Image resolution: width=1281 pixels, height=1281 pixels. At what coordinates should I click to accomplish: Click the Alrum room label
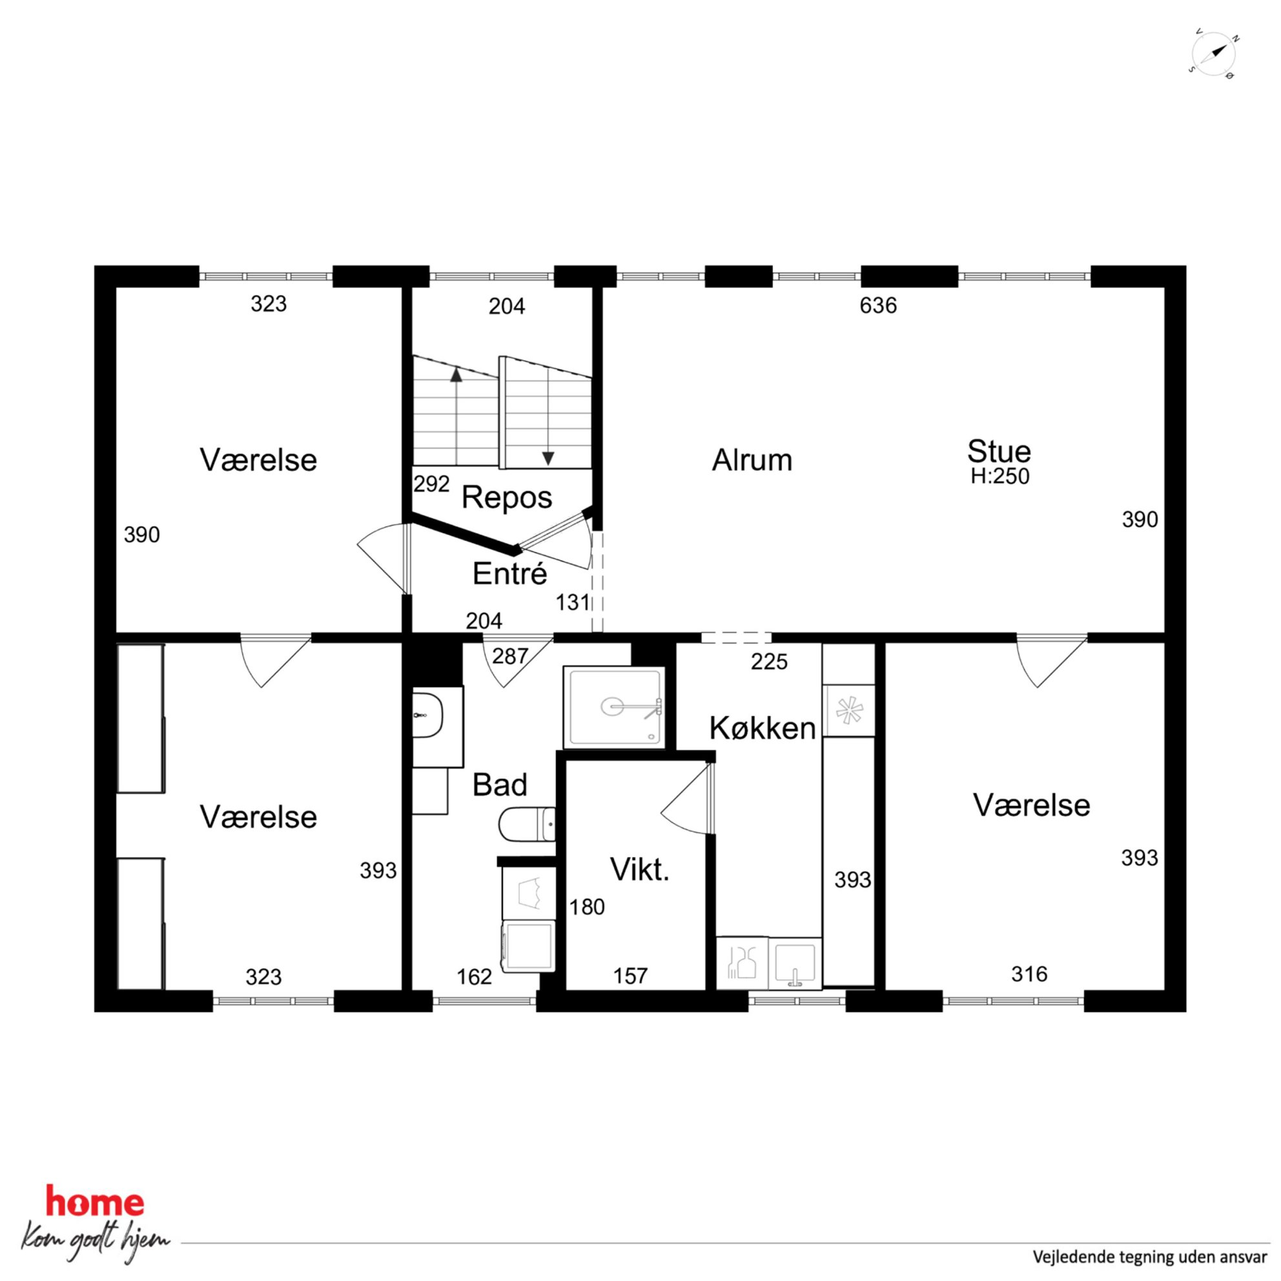pos(752,460)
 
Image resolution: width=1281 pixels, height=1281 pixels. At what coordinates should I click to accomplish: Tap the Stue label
pos(999,451)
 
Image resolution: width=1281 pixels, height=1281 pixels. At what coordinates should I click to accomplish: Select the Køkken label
pos(762,728)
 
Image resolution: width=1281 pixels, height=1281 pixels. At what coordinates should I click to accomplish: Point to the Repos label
pos(507,497)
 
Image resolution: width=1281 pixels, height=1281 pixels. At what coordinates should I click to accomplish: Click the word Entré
pos(509,573)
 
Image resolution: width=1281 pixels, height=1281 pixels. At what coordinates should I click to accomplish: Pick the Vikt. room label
pos(639,869)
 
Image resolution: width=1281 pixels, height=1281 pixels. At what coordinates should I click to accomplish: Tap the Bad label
pos(500,785)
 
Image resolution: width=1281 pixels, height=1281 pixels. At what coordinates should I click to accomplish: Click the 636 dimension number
pos(878,305)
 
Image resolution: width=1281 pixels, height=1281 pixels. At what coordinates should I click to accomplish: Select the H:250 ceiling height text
pos(1000,476)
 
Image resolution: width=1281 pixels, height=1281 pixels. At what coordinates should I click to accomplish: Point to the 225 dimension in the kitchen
pos(769,662)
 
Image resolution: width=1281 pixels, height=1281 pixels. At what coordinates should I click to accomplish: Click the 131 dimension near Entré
pos(573,602)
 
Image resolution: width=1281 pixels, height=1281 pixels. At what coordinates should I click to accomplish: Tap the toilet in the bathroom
pos(527,824)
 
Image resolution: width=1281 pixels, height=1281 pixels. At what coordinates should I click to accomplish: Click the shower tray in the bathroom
pos(613,707)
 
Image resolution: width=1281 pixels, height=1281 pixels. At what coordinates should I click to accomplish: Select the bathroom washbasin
pos(427,715)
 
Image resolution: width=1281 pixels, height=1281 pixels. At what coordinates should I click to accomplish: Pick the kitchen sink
pos(795,963)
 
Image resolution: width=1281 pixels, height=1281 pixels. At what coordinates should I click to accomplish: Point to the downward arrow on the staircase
pos(548,417)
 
